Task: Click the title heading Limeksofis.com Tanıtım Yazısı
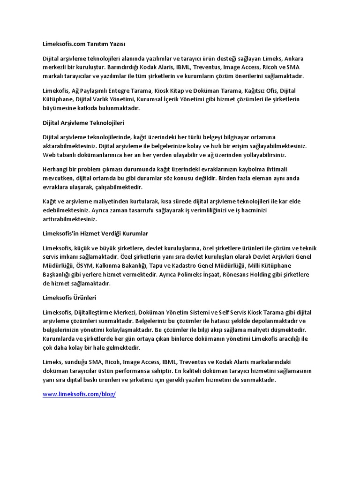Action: coord(84,45)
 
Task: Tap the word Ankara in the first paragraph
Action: coord(294,59)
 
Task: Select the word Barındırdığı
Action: coord(122,67)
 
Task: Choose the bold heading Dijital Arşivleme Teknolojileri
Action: coord(83,122)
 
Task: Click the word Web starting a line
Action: coord(49,154)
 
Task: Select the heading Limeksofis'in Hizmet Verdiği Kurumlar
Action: coord(95,233)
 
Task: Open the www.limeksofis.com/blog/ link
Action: coord(79,394)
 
